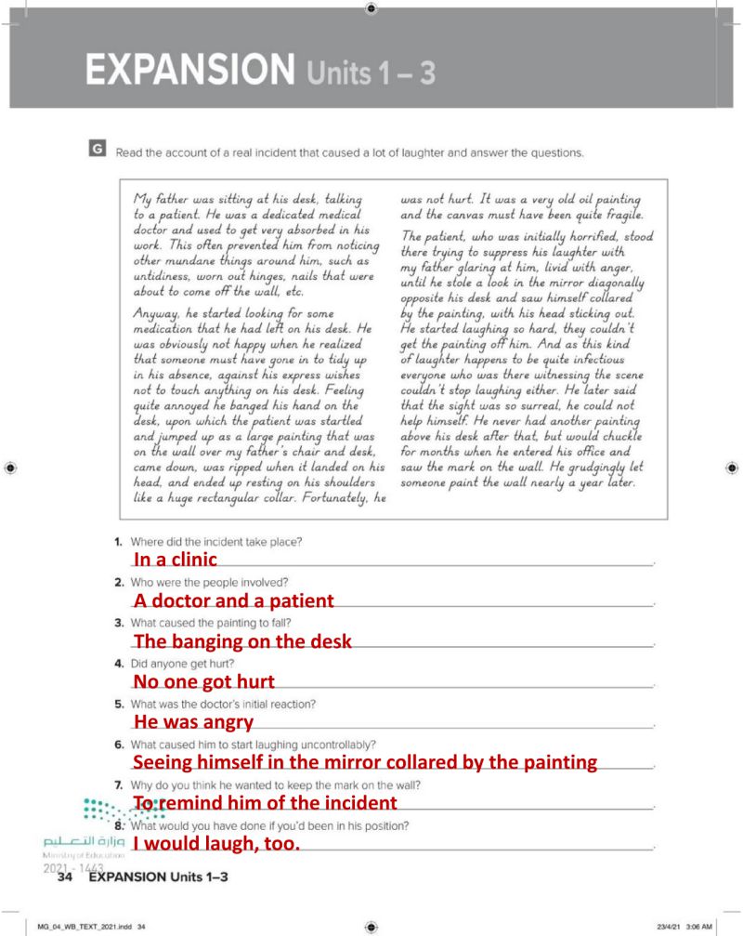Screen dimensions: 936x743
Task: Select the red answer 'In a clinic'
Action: [176, 560]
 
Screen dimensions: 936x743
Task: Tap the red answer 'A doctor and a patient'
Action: [233, 600]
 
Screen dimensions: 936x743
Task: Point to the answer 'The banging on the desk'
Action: [242, 641]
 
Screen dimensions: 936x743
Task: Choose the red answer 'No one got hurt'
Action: [204, 682]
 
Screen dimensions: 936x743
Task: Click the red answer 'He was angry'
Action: [193, 722]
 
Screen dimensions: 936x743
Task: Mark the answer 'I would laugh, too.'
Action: [217, 844]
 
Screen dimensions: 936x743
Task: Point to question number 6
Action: [120, 745]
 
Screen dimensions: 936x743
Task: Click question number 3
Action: [120, 622]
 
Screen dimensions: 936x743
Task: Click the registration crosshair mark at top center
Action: [371, 8]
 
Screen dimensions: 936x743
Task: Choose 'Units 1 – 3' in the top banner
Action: [371, 72]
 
